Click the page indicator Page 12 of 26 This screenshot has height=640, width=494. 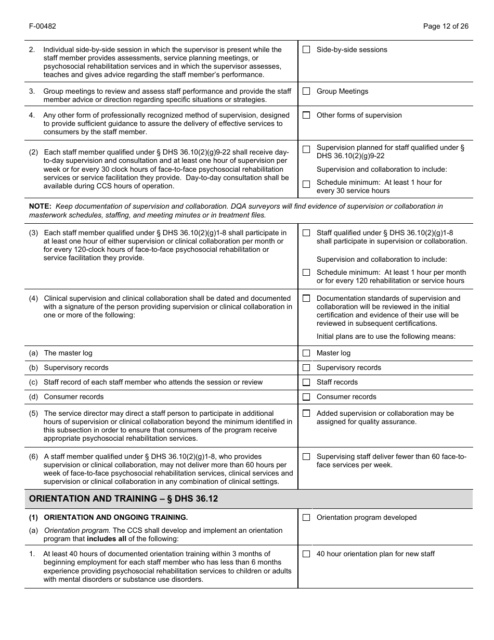pyautogui.click(x=446, y=27)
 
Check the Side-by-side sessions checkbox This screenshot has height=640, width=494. pyautogui.click(x=306, y=49)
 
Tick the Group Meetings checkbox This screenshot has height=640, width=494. pyautogui.click(x=306, y=91)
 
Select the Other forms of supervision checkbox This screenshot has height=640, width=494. pyautogui.click(x=306, y=115)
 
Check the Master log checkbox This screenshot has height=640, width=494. pyautogui.click(x=306, y=353)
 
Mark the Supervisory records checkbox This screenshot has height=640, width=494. pyautogui.click(x=306, y=367)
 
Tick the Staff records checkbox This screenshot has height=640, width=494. pyautogui.click(x=306, y=382)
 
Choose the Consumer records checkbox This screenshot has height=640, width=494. pyautogui.click(x=306, y=396)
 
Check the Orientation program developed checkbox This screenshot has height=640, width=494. pyautogui.click(x=306, y=517)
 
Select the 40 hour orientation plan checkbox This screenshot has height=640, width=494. pyautogui.click(x=306, y=554)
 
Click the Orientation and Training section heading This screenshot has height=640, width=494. pyautogui.click(x=123, y=498)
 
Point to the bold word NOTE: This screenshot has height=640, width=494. pyautogui.click(x=40, y=207)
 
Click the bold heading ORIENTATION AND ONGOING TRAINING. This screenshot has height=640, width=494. pyautogui.click(x=115, y=517)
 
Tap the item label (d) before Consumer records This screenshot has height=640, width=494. pyautogui.click(x=33, y=396)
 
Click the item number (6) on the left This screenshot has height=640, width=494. pyautogui.click(x=33, y=457)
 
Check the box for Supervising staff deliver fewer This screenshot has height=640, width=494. pyautogui.click(x=306, y=457)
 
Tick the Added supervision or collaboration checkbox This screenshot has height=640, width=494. pyautogui.click(x=306, y=413)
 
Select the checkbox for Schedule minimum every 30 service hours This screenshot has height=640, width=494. pyautogui.click(x=306, y=184)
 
